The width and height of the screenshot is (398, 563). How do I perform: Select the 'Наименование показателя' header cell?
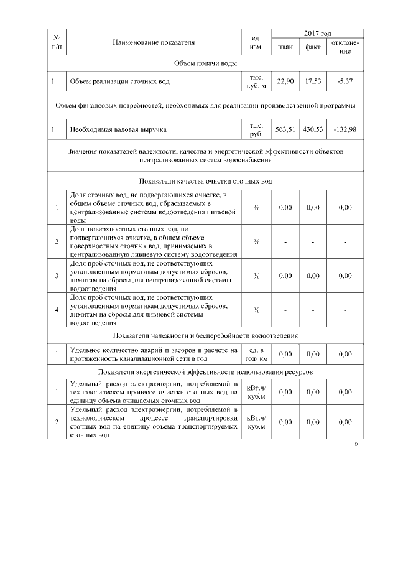(154, 42)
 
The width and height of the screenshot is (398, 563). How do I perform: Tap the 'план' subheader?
(285, 47)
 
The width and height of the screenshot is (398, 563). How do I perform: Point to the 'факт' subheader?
(312, 47)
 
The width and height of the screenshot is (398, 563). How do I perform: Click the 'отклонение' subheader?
(345, 47)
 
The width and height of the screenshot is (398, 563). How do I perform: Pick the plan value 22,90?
(285, 81)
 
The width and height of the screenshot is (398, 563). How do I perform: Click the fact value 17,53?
(312, 81)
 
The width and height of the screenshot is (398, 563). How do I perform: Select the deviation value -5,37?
(345, 81)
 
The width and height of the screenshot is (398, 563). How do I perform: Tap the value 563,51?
(285, 129)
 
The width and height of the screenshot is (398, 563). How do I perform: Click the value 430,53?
(312, 129)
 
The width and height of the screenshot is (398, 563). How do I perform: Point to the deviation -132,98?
(345, 129)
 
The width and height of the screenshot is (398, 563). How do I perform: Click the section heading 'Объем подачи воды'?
(205, 63)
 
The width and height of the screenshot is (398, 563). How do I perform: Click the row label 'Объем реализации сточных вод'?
(119, 81)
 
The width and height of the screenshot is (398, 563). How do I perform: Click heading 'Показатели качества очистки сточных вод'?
(205, 181)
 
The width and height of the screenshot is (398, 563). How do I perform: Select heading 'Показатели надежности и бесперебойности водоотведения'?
(205, 335)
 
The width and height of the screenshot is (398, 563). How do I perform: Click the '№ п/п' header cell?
(57, 42)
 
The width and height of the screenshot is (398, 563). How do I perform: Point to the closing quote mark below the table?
(357, 445)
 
